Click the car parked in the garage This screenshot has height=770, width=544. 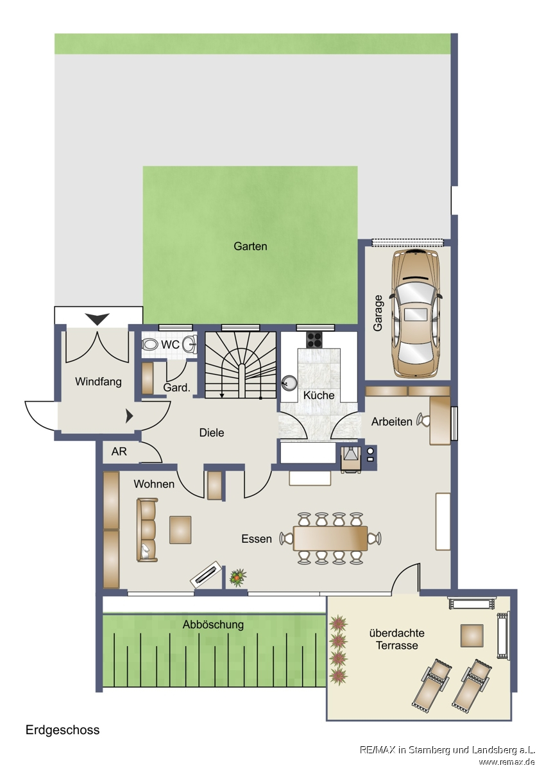point(416,313)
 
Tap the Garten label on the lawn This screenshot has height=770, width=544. point(250,246)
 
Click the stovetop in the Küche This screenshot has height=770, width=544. point(314,340)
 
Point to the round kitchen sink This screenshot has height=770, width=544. point(289,383)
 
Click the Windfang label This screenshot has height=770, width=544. point(98,382)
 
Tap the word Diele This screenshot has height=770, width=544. point(212,432)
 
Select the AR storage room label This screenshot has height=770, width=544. point(119,451)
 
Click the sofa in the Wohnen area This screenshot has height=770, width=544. point(147,530)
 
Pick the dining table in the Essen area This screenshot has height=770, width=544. point(330,538)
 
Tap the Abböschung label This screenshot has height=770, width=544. point(213,624)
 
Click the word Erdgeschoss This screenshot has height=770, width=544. point(62,730)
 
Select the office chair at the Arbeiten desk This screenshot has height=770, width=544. point(423,420)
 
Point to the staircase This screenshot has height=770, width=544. point(241,364)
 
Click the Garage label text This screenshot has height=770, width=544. point(378,313)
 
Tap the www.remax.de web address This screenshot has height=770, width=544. point(507,762)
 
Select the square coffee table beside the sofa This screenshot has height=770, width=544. point(180,530)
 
